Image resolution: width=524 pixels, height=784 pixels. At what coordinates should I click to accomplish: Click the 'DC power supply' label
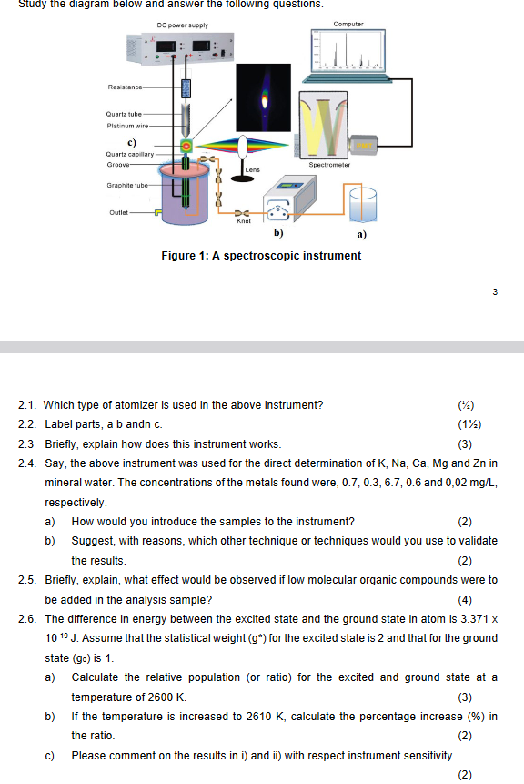pyautogui.click(x=182, y=25)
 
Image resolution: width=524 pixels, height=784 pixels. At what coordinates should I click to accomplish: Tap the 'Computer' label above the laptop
pyautogui.click(x=348, y=24)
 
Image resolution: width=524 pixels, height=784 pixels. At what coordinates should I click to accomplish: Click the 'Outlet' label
pyautogui.click(x=119, y=212)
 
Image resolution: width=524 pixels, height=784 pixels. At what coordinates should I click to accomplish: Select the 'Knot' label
pyautogui.click(x=243, y=220)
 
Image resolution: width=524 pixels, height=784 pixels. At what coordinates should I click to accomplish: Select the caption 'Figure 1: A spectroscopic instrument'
pyautogui.click(x=260, y=256)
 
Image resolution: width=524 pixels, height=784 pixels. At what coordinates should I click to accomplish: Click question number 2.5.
pyautogui.click(x=29, y=579)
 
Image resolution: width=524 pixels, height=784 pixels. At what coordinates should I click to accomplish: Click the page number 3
pyautogui.click(x=494, y=292)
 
